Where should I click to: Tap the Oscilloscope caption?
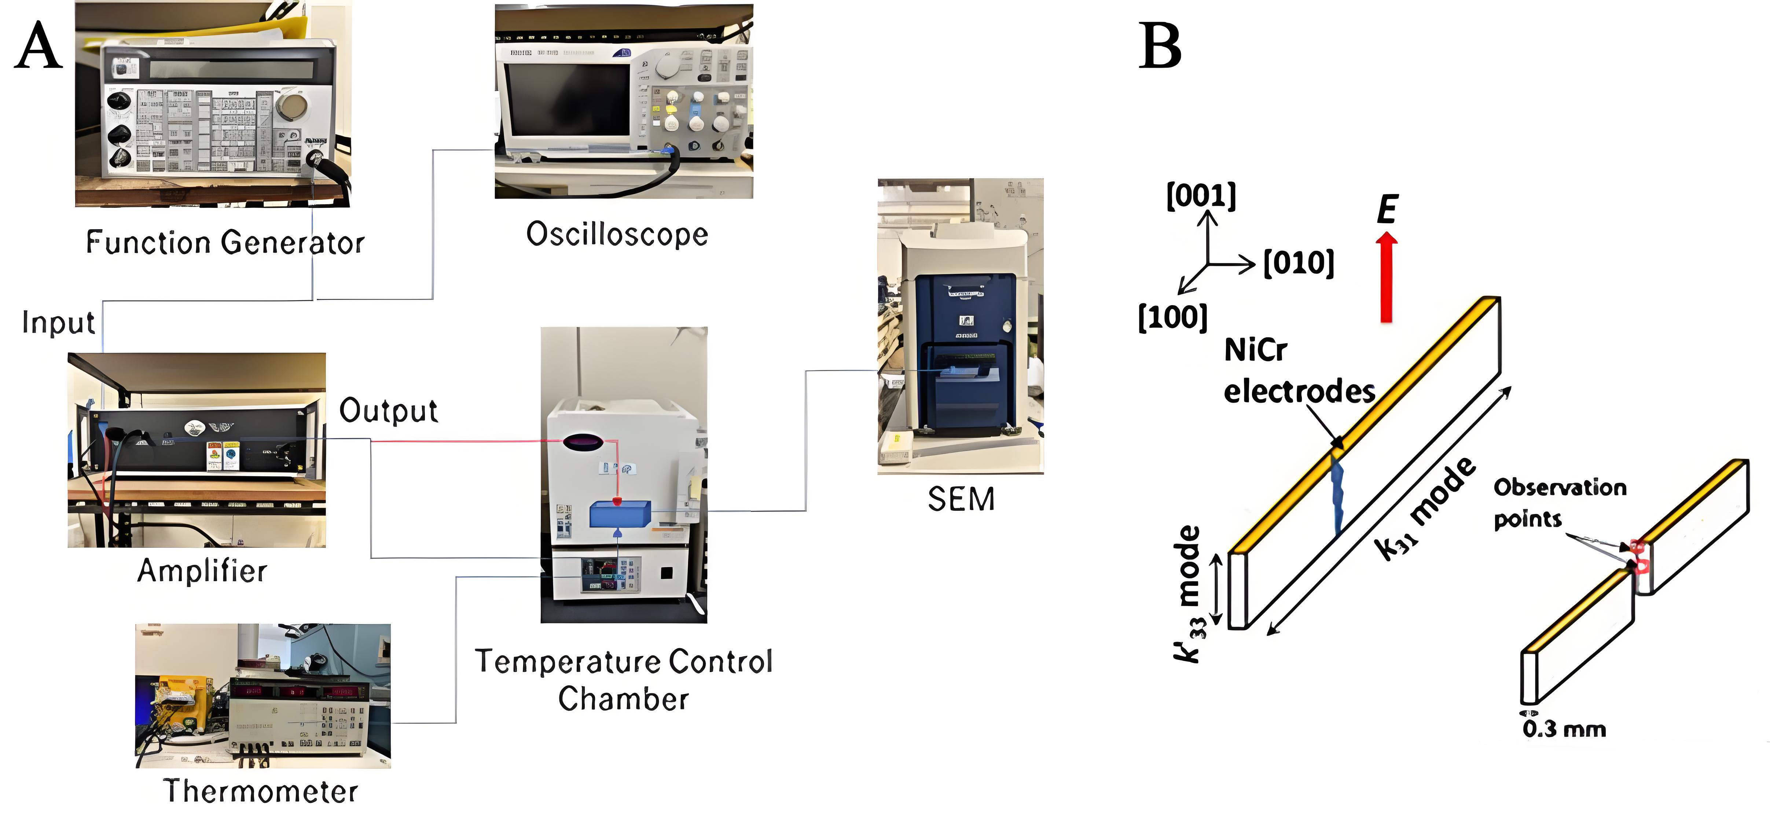pos(616,234)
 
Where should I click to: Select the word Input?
pos(58,322)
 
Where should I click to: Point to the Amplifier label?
pos(202,570)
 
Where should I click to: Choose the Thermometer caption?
pos(260,791)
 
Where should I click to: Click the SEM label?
pos(961,499)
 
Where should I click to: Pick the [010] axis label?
pos(1299,263)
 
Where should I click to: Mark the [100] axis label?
pos(1172,317)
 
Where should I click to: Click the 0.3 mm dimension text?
pos(1564,729)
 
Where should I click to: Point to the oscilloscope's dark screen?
pos(568,100)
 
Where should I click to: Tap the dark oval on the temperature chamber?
pos(583,442)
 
